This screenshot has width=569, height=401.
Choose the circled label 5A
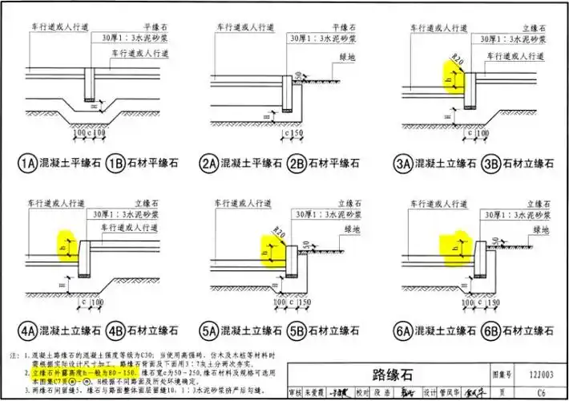210,329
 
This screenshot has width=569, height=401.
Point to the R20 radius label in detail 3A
458,60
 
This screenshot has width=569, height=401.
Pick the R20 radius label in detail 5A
279,233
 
